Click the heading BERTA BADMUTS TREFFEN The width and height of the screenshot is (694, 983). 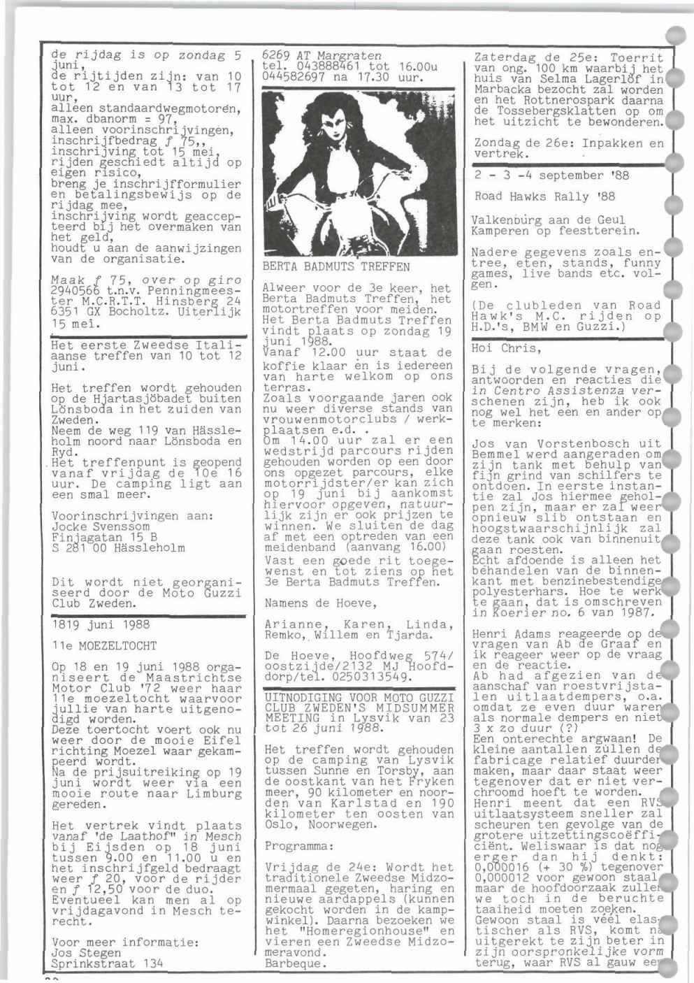(335, 266)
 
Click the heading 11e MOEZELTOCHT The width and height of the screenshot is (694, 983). (104, 645)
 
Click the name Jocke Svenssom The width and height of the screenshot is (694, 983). (101, 526)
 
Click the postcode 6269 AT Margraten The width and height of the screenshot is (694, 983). (321, 55)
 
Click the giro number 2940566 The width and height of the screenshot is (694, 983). (77, 291)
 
